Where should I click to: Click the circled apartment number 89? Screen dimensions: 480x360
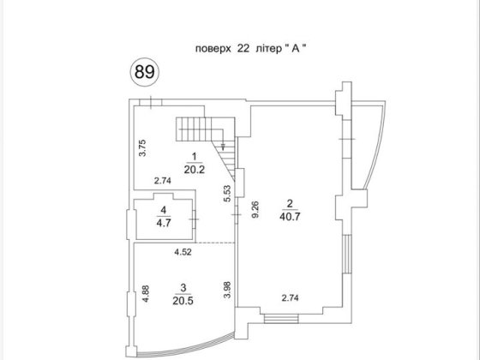(x=145, y=72)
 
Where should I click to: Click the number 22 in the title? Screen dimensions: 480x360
(x=243, y=48)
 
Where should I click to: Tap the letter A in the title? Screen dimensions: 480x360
(x=296, y=48)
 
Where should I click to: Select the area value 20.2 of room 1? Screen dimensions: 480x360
(x=194, y=170)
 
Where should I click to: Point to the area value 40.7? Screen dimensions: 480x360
(x=290, y=217)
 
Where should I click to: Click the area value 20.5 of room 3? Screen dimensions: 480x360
(x=183, y=301)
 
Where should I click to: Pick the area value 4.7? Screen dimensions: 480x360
(x=164, y=223)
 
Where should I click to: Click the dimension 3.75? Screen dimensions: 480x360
(x=142, y=148)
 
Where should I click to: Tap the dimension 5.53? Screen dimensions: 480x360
(x=227, y=194)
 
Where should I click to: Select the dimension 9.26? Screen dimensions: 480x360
(x=255, y=209)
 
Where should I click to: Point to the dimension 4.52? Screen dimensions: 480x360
(x=183, y=252)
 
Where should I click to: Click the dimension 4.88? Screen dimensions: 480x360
(x=146, y=294)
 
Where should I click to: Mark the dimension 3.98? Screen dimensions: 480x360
(x=227, y=290)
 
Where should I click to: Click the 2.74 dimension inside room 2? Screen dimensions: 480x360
(x=290, y=297)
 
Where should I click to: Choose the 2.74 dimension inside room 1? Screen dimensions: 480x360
(x=163, y=181)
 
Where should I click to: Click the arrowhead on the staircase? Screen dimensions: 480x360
(x=223, y=147)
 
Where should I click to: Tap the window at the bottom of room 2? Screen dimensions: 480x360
(x=281, y=320)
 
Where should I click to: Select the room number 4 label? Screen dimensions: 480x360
(x=164, y=210)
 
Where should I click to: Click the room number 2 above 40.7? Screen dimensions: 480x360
(x=290, y=204)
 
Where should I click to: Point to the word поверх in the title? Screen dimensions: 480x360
(x=213, y=49)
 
